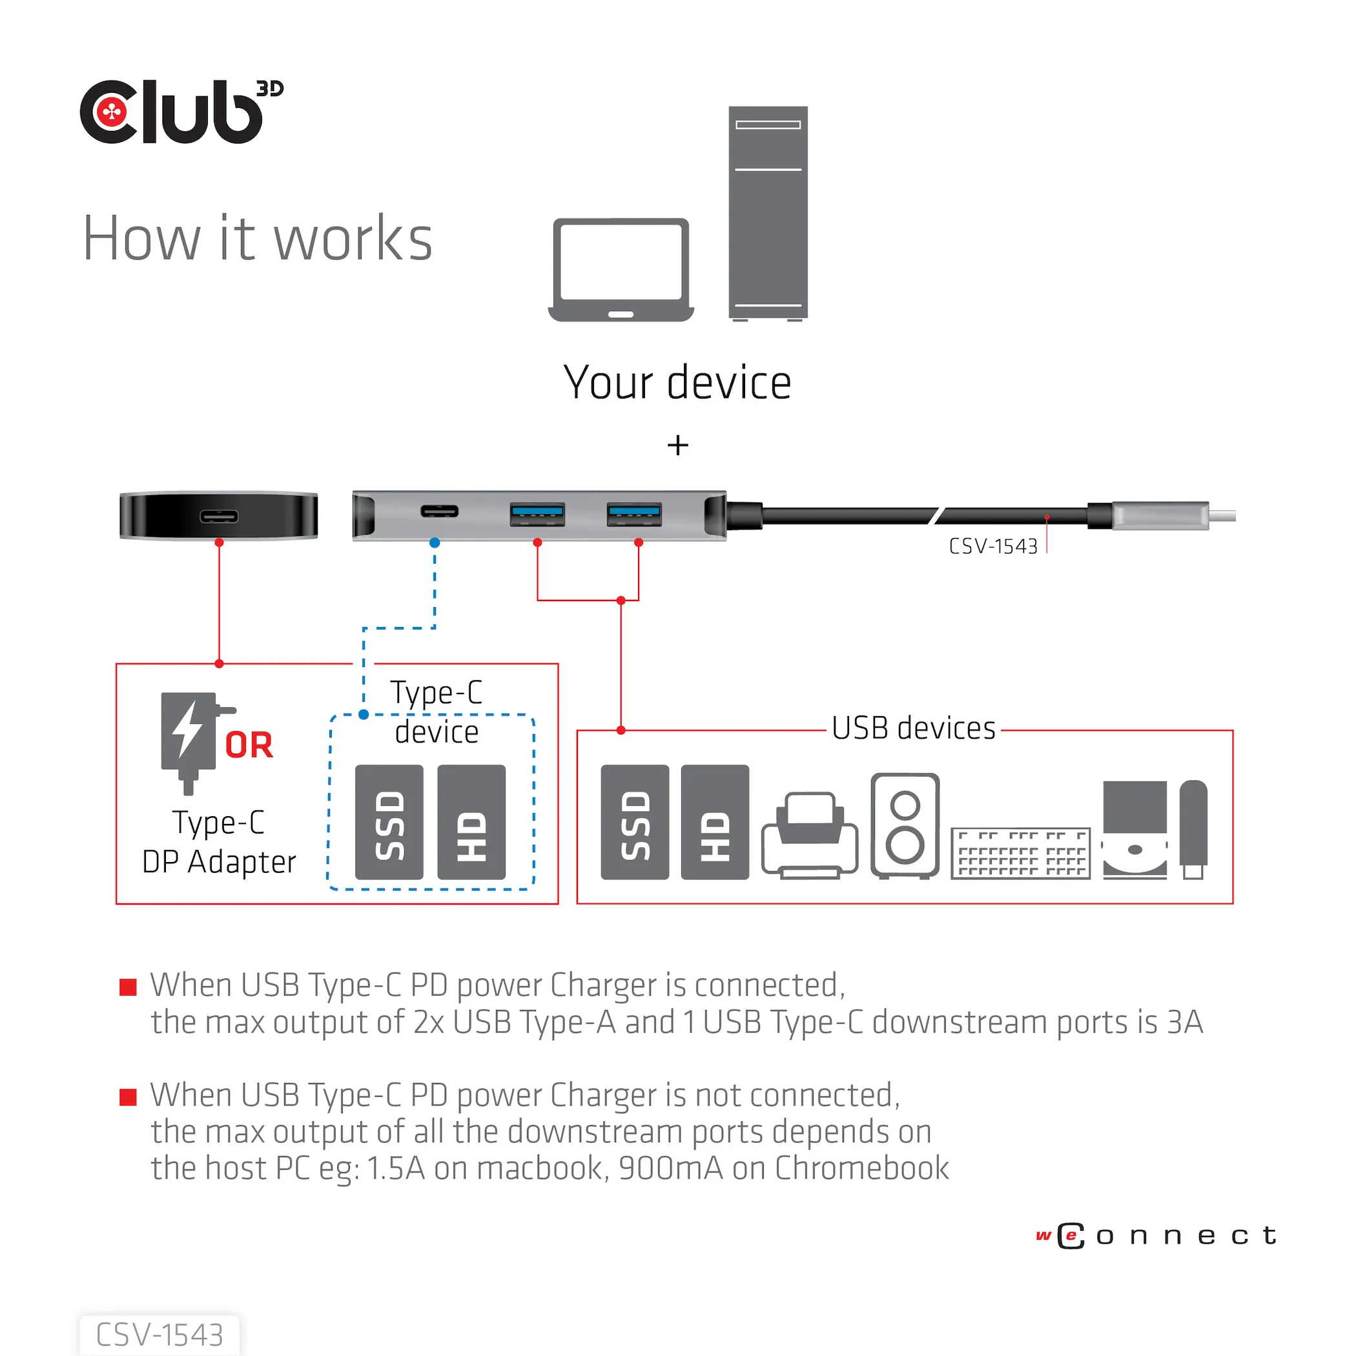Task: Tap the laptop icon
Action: click(x=621, y=269)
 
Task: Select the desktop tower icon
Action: click(x=768, y=212)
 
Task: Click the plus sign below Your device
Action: click(x=677, y=445)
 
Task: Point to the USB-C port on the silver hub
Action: click(x=439, y=511)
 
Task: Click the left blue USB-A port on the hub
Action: click(x=537, y=515)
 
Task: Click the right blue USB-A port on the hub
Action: click(x=634, y=515)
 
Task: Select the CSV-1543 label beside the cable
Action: click(x=992, y=547)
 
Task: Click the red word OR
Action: click(x=249, y=745)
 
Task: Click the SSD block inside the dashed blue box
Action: click(x=389, y=822)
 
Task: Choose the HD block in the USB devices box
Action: click(x=715, y=822)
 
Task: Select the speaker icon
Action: click(x=905, y=825)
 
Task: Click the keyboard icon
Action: click(x=1020, y=853)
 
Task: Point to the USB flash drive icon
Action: click(x=1193, y=828)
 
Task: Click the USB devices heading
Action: click(x=913, y=728)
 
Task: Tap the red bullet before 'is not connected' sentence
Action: click(x=128, y=1097)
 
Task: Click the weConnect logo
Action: click(x=1156, y=1236)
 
